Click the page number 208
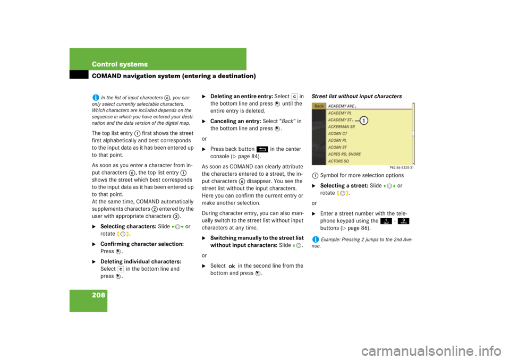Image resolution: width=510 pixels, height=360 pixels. click(x=99, y=295)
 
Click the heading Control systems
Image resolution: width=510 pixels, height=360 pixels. click(x=120, y=64)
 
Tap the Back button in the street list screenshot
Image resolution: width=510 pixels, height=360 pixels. click(x=319, y=106)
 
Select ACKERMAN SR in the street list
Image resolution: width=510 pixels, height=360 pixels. click(x=342, y=127)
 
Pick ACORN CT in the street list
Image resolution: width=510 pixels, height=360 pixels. click(x=338, y=134)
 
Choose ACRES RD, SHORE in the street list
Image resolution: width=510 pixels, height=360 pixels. click(x=344, y=154)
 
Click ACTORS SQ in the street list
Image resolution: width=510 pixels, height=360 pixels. click(x=338, y=161)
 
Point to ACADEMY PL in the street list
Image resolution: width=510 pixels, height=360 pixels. click(x=340, y=113)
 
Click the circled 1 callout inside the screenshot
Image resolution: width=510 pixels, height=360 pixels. click(x=363, y=121)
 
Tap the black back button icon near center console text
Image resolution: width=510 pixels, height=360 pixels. click(x=262, y=149)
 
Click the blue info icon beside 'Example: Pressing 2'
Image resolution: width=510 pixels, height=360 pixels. click(x=315, y=239)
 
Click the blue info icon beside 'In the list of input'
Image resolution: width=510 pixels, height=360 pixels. click(x=95, y=97)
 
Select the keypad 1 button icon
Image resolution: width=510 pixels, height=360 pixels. click(x=386, y=221)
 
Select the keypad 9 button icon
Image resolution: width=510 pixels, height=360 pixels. click(x=403, y=221)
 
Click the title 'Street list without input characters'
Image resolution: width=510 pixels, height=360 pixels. click(x=357, y=96)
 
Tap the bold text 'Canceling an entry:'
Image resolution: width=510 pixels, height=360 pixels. click(x=235, y=121)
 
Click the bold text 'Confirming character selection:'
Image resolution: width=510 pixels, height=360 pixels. click(x=142, y=244)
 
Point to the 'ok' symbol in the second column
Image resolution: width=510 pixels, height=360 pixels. click(x=232, y=266)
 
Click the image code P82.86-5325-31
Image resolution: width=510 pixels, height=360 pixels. click(x=402, y=168)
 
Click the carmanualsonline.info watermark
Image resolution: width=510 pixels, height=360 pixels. click(x=431, y=351)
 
